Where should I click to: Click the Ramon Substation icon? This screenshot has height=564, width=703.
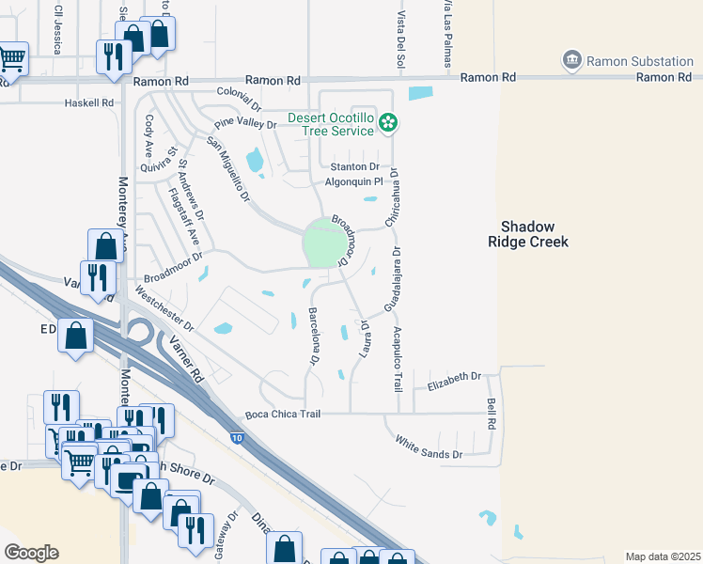(x=570, y=61)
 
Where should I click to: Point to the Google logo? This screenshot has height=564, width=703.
(x=31, y=553)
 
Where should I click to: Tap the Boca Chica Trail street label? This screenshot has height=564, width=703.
(x=283, y=415)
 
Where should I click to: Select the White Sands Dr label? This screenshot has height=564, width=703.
(x=430, y=447)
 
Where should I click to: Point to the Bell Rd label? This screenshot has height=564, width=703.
(x=491, y=413)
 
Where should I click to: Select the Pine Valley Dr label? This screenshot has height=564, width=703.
(x=245, y=124)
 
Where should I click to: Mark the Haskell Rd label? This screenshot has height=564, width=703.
(x=88, y=102)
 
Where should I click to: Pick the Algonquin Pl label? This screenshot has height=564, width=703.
(x=354, y=182)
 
